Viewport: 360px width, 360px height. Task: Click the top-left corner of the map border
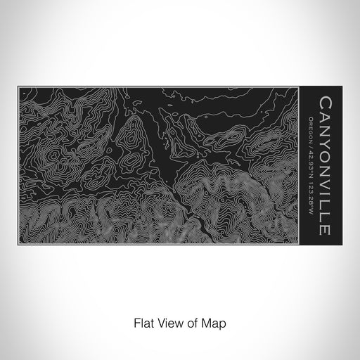18,86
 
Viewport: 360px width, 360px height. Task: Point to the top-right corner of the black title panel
342,86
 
